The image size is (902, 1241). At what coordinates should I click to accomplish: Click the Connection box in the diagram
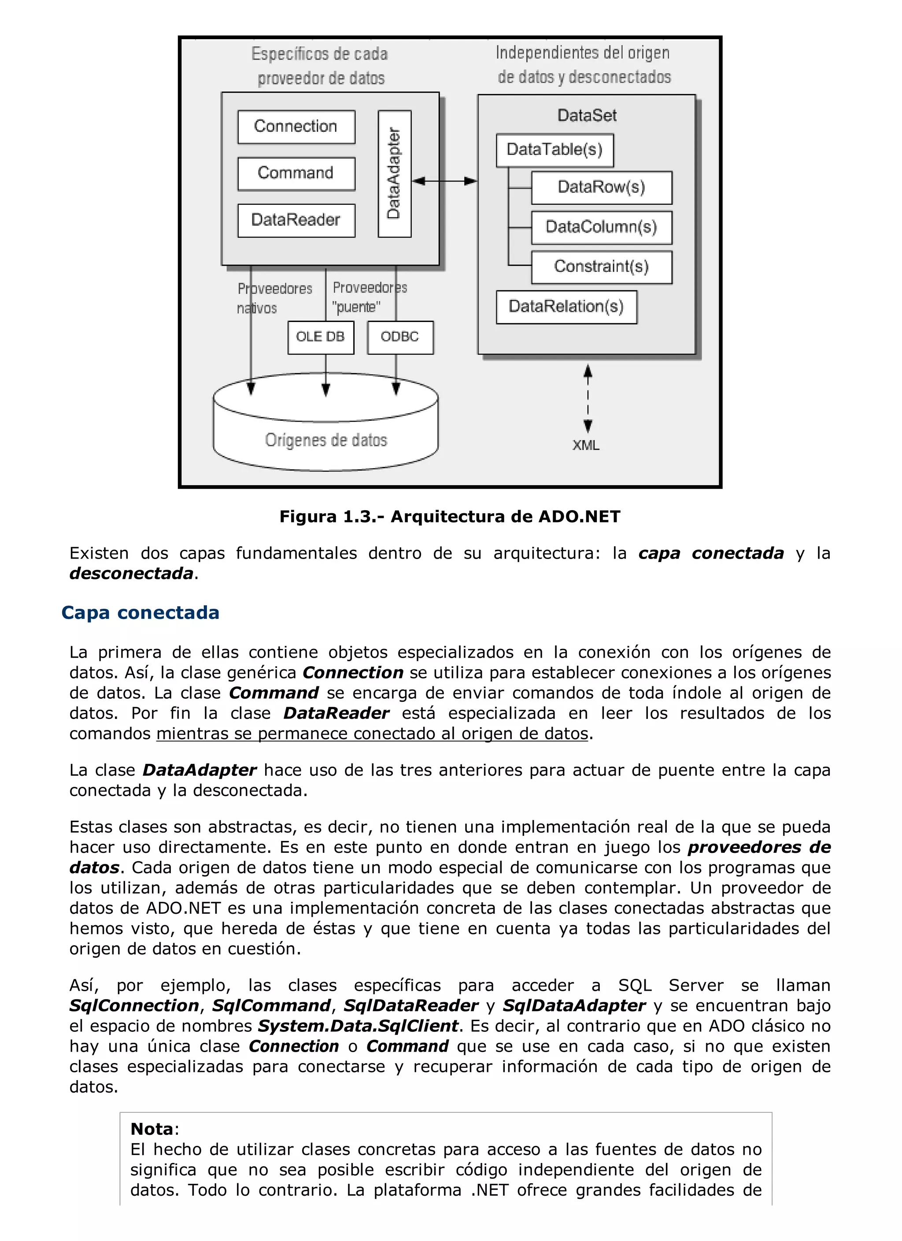click(296, 127)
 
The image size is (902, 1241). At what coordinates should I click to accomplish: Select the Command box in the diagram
click(296, 174)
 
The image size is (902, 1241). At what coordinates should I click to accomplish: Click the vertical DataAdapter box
click(394, 174)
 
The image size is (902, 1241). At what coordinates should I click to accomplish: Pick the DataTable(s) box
click(555, 150)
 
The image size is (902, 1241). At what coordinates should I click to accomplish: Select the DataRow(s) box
click(601, 188)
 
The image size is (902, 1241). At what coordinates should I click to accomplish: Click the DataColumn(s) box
click(601, 227)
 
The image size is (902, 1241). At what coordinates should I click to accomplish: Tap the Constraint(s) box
click(601, 267)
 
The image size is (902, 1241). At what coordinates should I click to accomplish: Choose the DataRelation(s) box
click(566, 307)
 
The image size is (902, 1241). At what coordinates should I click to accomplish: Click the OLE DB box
click(321, 337)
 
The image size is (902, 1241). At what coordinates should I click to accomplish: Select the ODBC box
click(400, 337)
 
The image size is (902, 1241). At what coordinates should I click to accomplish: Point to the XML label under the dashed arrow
click(586, 445)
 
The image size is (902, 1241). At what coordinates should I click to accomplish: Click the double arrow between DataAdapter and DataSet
click(444, 181)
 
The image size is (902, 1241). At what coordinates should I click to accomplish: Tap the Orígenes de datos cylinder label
click(326, 441)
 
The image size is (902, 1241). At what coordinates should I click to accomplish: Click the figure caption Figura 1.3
click(450, 517)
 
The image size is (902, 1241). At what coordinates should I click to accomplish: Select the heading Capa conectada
click(140, 612)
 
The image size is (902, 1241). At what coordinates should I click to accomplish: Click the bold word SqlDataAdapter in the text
click(574, 1006)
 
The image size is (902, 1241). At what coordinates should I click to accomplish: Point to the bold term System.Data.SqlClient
click(358, 1026)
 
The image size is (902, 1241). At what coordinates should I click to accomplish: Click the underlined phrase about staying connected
click(372, 734)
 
